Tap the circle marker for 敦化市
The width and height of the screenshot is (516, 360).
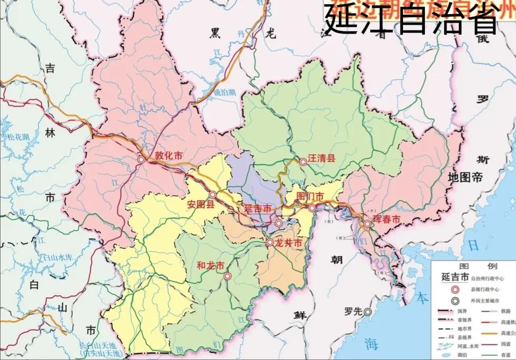click(x=141, y=159)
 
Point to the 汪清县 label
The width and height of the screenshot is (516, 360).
click(x=321, y=158)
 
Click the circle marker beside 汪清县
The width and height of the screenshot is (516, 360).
click(x=303, y=162)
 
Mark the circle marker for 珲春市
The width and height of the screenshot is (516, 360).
click(x=367, y=224)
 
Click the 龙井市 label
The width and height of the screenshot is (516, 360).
click(x=288, y=243)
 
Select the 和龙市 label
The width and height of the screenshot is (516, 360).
click(x=210, y=265)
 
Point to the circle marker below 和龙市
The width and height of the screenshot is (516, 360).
click(x=227, y=276)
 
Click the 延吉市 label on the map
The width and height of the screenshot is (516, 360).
click(x=258, y=208)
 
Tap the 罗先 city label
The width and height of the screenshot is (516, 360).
click(x=353, y=312)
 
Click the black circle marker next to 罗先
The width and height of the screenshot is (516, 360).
click(x=368, y=312)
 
